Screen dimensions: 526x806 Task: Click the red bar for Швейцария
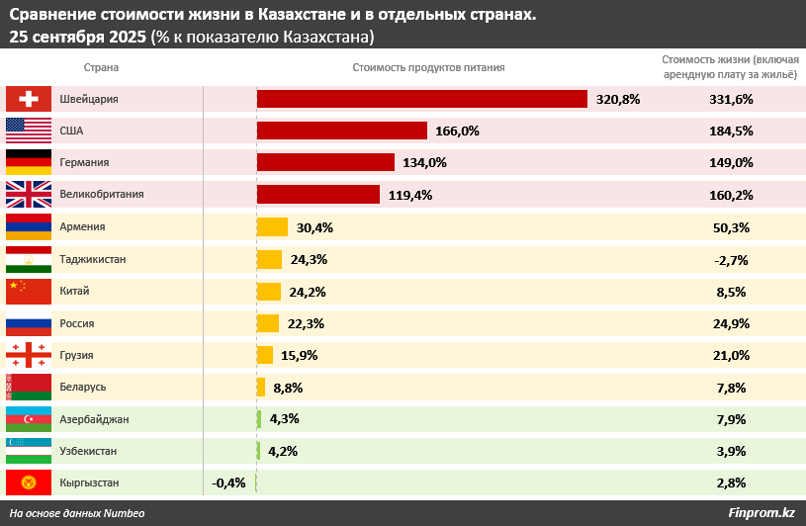(422, 99)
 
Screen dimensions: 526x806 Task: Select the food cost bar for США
(341, 131)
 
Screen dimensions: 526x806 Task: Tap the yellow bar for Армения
(272, 227)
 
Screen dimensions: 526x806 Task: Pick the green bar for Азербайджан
(259, 419)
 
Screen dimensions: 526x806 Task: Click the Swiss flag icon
(28, 99)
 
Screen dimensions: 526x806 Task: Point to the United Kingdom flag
(28, 195)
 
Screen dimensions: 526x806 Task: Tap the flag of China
(28, 291)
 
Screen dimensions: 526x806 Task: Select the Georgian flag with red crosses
(28, 355)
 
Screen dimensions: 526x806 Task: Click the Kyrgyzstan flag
(28, 482)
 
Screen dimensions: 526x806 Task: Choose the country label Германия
(84, 163)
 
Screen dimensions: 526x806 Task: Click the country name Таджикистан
(93, 259)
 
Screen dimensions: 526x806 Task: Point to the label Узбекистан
(88, 451)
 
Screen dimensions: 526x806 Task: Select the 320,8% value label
(618, 99)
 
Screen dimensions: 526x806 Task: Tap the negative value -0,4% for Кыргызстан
(228, 482)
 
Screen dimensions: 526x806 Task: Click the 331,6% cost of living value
(731, 99)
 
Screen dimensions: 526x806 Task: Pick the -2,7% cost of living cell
(731, 259)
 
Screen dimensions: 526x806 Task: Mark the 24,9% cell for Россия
(731, 323)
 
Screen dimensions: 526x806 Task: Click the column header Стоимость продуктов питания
(428, 67)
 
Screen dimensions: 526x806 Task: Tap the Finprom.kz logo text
(761, 512)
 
